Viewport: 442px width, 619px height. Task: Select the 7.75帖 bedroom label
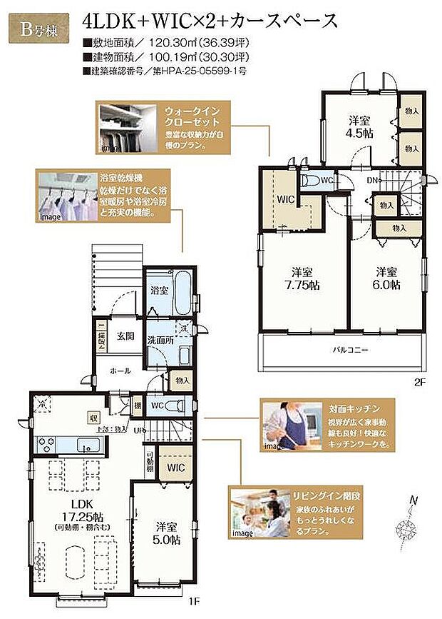(304, 278)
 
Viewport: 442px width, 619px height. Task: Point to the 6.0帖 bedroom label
(387, 278)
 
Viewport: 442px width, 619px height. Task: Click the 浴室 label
(159, 291)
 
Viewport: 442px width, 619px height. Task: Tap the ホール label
(121, 371)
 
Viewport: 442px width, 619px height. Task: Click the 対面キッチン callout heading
(347, 411)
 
